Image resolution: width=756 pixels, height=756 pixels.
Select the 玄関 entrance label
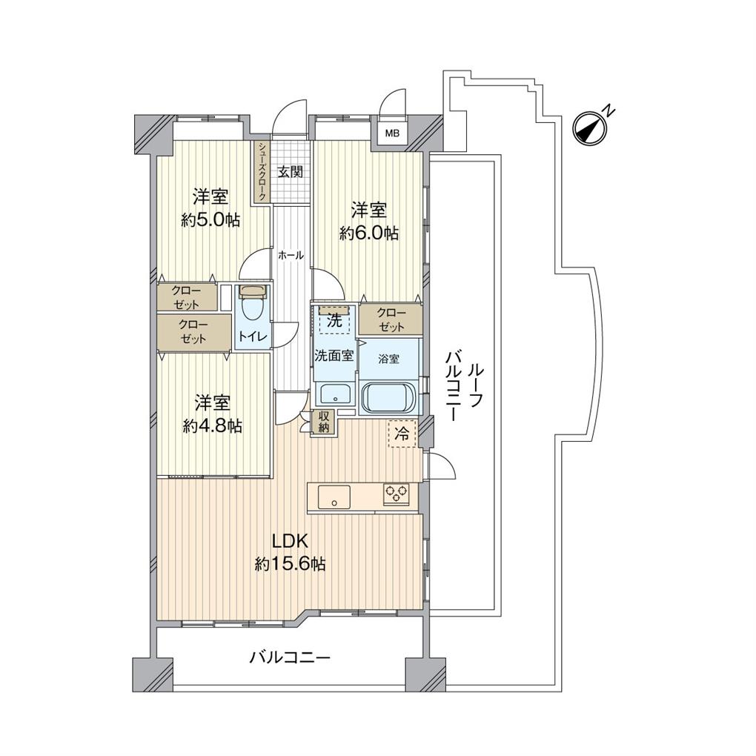coord(291,172)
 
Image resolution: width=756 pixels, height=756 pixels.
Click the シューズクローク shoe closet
coord(262,172)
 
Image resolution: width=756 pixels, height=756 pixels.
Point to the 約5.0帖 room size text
coord(210,220)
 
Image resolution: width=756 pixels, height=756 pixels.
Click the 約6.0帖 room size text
coord(369,233)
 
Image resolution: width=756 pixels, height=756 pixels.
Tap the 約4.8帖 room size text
coord(213,425)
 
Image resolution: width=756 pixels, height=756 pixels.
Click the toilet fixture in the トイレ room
coord(253,303)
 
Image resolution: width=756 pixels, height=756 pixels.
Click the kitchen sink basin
coord(334,497)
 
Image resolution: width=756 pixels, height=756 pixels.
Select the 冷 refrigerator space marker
coord(402,434)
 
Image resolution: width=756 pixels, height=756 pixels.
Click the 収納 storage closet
coord(323,422)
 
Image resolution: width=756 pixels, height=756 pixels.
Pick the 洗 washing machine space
coord(334,319)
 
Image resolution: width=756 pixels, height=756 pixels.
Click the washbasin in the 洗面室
coord(334,393)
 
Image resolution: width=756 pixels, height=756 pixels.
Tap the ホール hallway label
coord(291,256)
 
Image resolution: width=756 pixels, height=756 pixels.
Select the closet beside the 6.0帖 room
coord(391,319)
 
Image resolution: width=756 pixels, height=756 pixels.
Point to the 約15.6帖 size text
coord(290,563)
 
